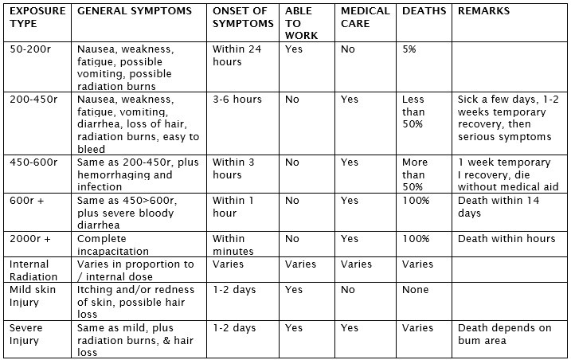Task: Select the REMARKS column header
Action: click(x=483, y=12)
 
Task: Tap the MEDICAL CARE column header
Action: click(x=365, y=18)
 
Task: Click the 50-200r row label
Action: click(x=31, y=49)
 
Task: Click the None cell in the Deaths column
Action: click(x=416, y=290)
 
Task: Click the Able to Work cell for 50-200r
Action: click(x=294, y=49)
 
